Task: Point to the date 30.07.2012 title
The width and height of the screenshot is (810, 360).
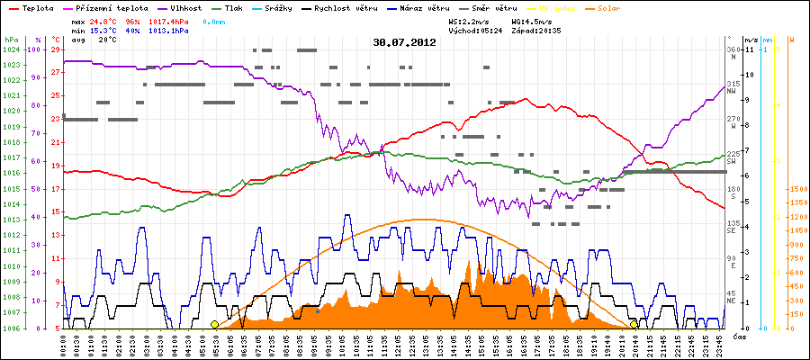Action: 404,41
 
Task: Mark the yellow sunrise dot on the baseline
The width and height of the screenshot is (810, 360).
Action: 214,324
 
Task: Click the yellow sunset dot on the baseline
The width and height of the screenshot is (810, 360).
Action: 634,324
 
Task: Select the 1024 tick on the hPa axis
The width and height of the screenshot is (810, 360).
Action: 11,49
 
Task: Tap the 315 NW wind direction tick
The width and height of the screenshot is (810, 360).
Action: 733,84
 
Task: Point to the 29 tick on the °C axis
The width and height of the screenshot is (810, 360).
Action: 56,49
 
